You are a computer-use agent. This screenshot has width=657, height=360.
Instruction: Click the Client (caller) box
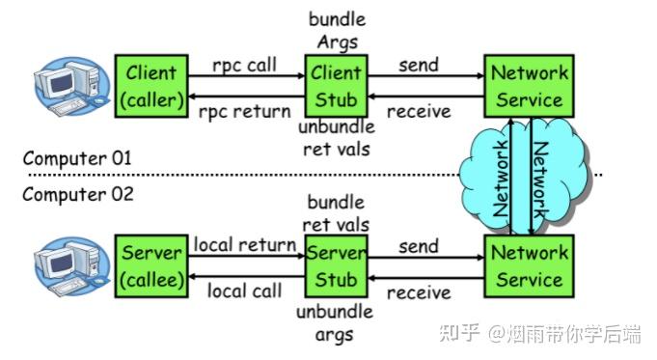151,85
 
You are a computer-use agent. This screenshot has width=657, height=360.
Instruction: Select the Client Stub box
335,85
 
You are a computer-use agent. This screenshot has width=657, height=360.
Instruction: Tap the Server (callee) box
151,265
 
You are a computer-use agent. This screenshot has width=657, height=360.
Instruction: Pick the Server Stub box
335,265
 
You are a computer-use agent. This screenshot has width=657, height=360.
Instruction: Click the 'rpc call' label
244,66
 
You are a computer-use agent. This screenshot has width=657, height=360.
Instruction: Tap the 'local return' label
244,245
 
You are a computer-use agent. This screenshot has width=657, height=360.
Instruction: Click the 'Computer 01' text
76,157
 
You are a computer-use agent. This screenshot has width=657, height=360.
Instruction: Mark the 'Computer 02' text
77,194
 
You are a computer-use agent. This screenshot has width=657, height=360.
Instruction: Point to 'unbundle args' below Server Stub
335,323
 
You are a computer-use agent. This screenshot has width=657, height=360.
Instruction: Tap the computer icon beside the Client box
68,85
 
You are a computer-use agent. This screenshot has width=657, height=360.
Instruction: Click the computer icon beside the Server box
68,265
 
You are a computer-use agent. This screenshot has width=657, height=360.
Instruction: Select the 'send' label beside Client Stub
418,66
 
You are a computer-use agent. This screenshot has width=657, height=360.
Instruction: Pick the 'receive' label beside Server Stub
418,291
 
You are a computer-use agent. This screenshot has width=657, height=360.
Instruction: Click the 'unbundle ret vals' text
335,138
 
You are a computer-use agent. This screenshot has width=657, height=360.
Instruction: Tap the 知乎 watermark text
459,334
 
